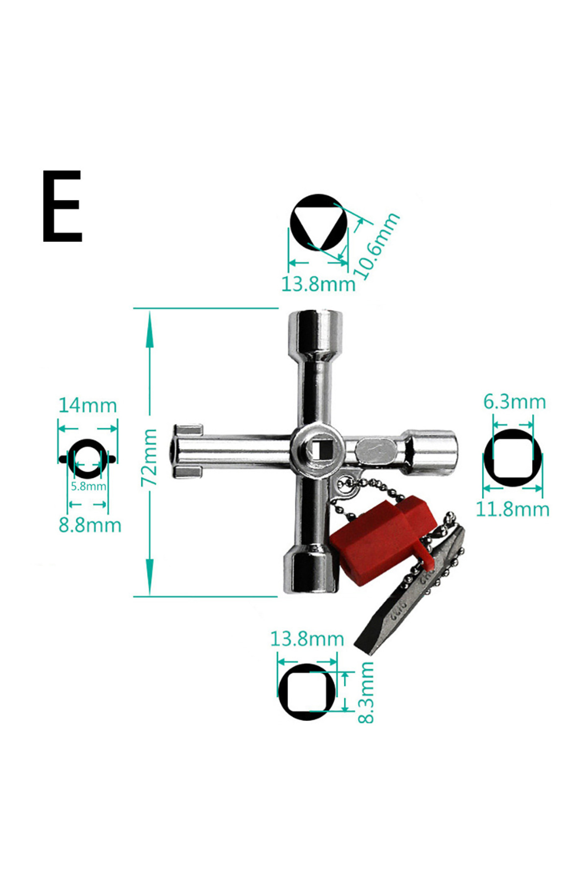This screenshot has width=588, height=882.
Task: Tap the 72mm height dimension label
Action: click(149, 457)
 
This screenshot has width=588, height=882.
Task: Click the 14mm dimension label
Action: click(88, 406)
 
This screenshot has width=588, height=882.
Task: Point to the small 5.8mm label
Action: click(88, 486)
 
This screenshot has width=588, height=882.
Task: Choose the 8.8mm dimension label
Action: click(90, 525)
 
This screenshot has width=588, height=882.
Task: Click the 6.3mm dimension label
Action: click(514, 402)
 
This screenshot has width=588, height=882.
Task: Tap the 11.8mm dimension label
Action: click(513, 509)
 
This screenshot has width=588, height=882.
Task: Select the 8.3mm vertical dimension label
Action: click(366, 692)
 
